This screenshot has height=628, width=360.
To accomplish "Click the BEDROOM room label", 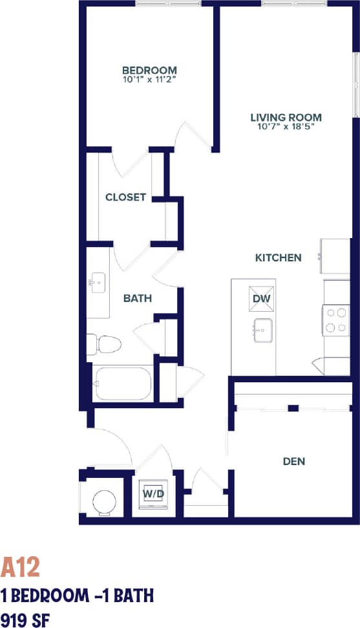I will coord(149,70).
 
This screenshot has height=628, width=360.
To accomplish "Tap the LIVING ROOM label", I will coord(286,117).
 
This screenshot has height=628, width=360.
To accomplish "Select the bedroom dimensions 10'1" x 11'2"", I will coord(149,80).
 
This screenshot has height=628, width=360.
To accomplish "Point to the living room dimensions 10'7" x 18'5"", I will coord(286,127).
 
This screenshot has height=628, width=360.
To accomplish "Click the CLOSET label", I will coord(125,197).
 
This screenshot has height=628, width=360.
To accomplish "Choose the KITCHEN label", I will coord(278,257).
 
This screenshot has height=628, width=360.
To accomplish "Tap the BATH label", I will coord(138,298).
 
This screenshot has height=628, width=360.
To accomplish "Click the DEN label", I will coord(293,461).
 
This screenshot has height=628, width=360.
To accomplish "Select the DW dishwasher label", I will coord(261,299).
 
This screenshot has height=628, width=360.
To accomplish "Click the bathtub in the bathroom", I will coord(123,384).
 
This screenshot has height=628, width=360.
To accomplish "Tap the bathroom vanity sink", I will coord(99,282).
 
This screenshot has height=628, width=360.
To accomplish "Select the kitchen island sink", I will coord(262,330).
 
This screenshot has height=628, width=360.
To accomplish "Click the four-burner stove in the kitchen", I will coord(337,319).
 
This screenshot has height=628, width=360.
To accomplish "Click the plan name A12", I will coord(20,567).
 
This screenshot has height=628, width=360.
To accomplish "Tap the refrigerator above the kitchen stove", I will coord(335,256).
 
